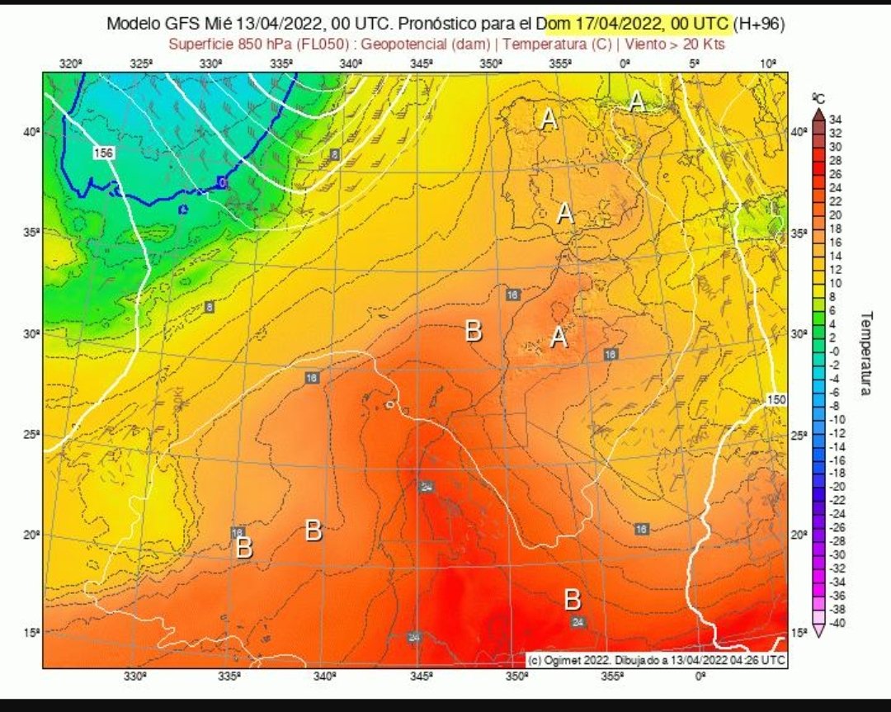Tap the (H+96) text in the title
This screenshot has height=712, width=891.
760,25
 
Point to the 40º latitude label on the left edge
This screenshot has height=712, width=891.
31,131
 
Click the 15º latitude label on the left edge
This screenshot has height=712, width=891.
31,633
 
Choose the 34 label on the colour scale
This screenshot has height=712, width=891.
834,119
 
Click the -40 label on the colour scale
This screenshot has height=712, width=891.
835,622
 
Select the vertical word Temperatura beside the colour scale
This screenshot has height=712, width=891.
865,352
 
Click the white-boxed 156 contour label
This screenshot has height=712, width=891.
103,153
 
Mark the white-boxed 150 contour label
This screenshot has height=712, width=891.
776,400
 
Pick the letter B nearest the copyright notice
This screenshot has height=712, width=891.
573,598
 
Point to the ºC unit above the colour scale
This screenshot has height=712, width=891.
818,98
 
